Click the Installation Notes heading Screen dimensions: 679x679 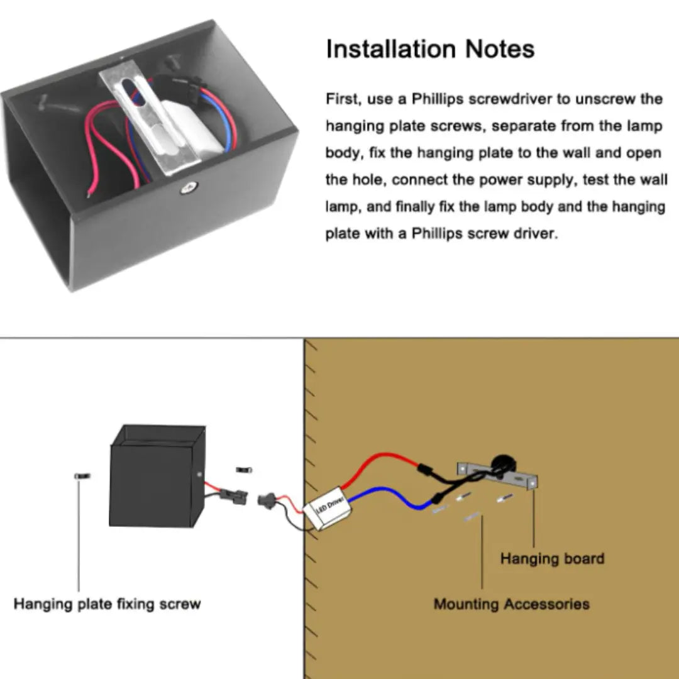pos(430,49)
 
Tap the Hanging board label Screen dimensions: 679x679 pos(552,558)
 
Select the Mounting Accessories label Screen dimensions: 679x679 pos(511,604)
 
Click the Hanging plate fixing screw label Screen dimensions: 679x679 pos(107,604)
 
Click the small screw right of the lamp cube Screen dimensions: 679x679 pos(245,470)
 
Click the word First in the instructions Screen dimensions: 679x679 pos(341,99)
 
